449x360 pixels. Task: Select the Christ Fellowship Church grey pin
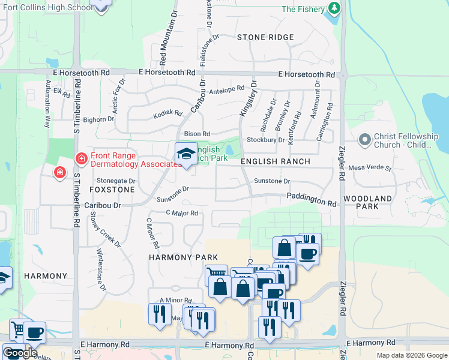point(364,140)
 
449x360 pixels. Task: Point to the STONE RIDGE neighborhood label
point(265,37)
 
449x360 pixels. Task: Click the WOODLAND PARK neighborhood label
point(369,202)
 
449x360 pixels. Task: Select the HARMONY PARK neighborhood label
point(175,257)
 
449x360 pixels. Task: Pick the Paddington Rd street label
point(311,200)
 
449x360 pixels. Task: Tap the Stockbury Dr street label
point(265,140)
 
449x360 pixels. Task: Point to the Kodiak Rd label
point(167,113)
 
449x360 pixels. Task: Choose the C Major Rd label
point(182,213)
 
